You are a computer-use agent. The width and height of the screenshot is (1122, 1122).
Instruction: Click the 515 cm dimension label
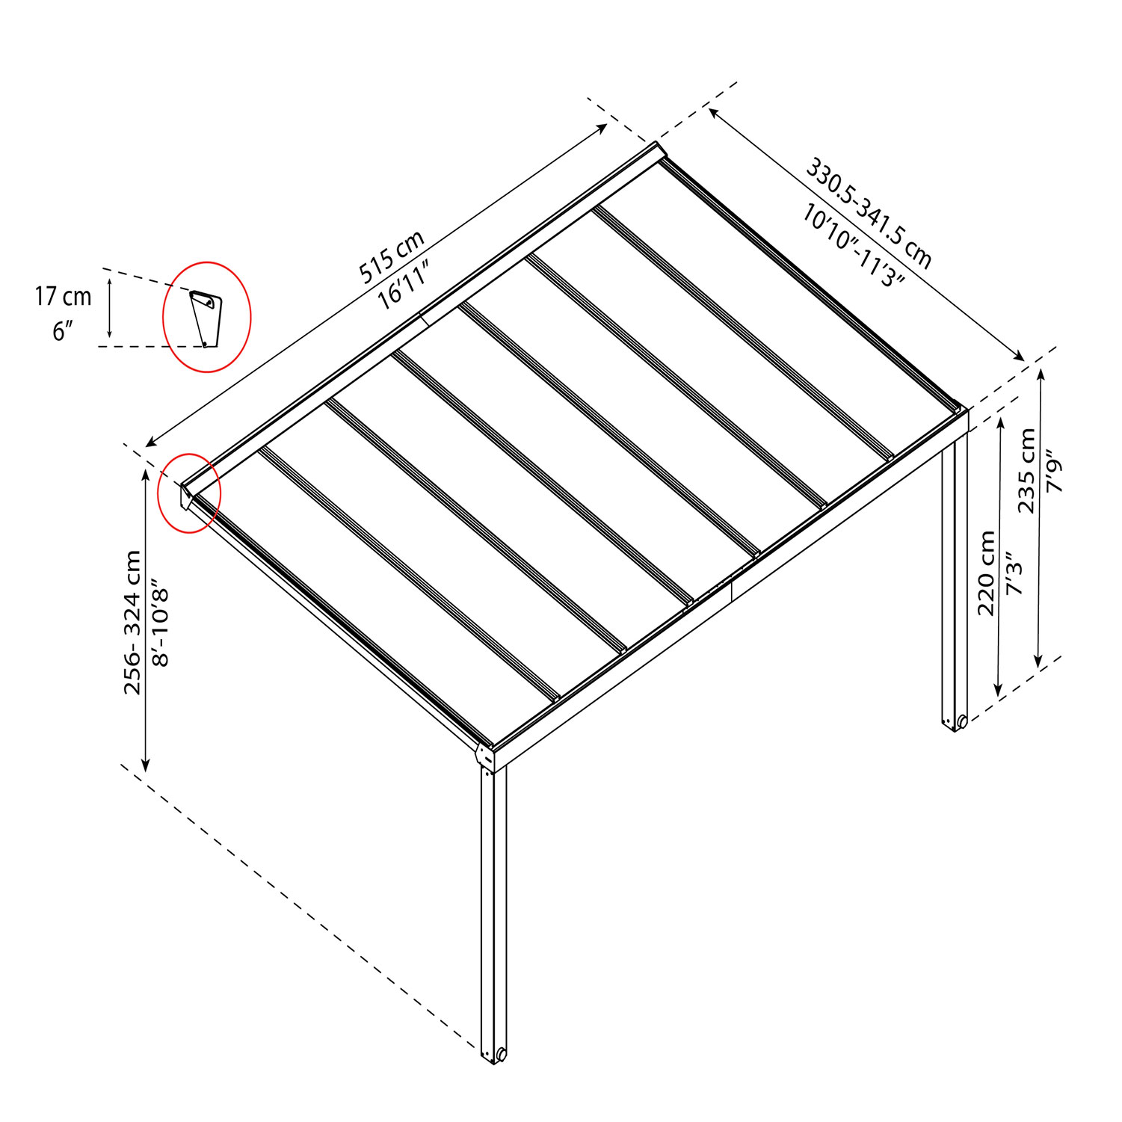392,256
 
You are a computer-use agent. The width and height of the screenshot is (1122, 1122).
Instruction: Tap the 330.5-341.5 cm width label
869,212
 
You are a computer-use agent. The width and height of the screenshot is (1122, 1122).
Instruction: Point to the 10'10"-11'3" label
854,246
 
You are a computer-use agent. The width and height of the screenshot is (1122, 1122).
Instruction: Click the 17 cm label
63,297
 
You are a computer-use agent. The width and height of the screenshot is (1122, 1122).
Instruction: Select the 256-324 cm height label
132,622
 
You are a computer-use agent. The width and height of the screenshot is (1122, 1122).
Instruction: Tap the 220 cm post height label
987,573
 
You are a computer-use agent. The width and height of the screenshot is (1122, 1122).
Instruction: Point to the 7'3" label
1014,573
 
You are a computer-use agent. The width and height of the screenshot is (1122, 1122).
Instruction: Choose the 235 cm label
1027,470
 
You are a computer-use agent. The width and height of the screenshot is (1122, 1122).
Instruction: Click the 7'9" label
1054,470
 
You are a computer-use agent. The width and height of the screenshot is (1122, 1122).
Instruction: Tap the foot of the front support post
494,1054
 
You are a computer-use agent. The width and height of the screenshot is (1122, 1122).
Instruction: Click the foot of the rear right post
955,722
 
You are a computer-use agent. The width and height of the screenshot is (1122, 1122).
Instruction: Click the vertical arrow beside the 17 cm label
110,307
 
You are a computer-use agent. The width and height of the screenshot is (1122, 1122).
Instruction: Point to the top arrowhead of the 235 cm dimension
1040,373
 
